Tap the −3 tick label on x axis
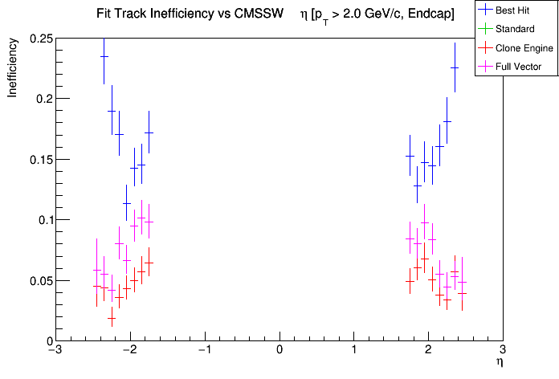[54, 350]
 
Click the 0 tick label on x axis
[279, 350]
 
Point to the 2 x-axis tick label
[428, 350]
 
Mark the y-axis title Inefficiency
[14, 71]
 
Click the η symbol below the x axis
[499, 363]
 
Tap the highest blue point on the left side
[104, 56]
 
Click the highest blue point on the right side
[455, 67]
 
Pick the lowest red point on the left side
[112, 318]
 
